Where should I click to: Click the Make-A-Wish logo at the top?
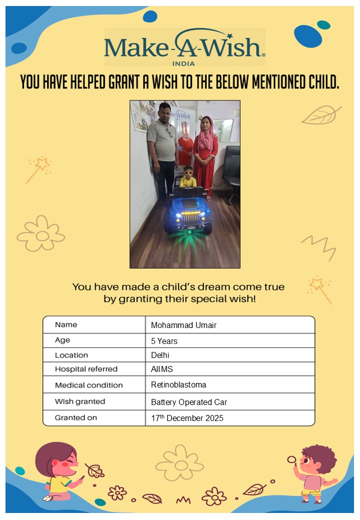point(184,46)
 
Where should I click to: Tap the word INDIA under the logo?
point(183,63)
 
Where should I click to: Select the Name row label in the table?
point(66,324)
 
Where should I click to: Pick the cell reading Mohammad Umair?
point(183,325)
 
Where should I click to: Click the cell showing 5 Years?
point(164,341)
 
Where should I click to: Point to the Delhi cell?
point(160,355)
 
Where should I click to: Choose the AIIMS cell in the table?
point(162,369)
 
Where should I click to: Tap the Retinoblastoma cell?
point(178,385)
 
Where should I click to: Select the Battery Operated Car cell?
point(189,402)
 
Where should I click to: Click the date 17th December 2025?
point(187,418)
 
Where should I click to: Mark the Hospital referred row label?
point(86,369)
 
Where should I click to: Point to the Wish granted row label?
point(80,401)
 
